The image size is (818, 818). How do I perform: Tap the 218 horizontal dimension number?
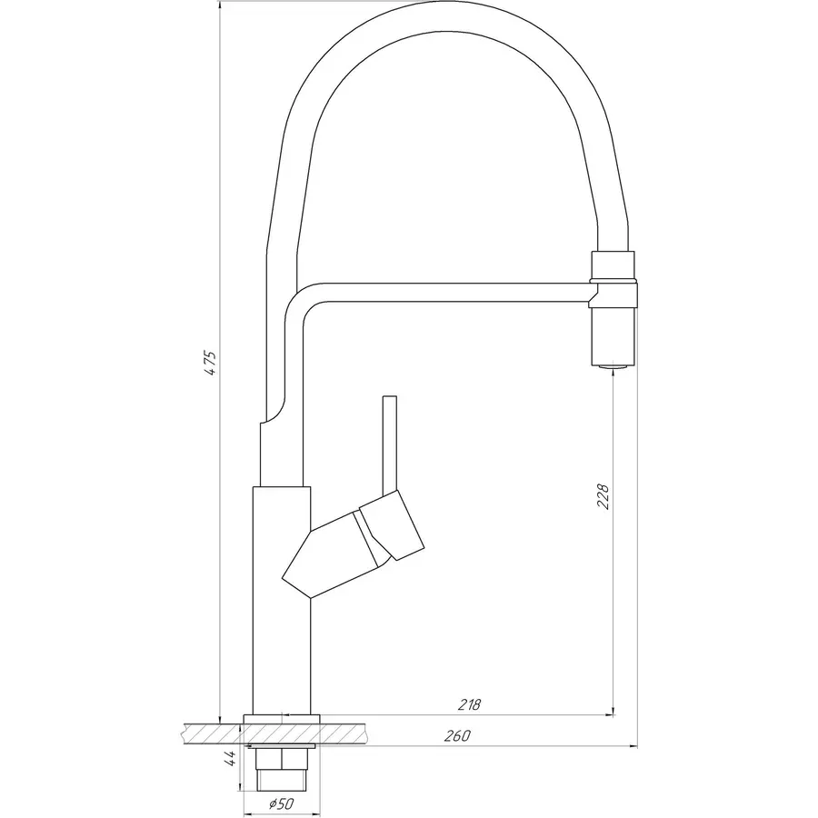point(469,704)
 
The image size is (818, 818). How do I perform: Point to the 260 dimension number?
point(458,736)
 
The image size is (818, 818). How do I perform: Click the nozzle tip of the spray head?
point(615,367)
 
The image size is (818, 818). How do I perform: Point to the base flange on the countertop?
point(282,718)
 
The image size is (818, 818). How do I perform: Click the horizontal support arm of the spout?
point(454,292)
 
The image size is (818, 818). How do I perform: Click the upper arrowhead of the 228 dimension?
point(615,373)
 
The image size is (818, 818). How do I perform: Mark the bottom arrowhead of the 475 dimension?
point(220,716)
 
